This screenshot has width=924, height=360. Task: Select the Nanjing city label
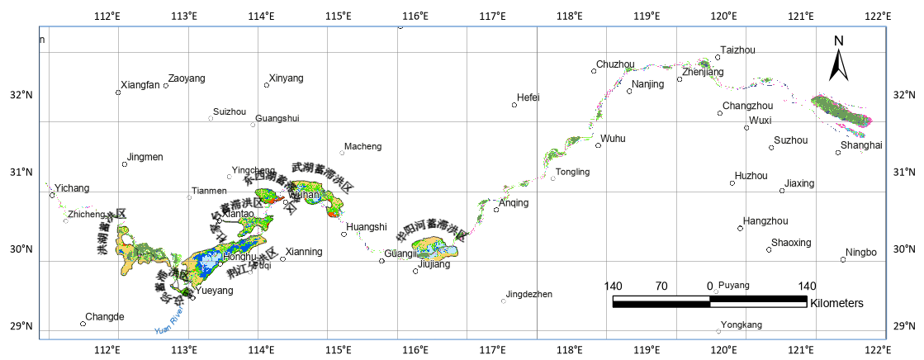tap(648, 85)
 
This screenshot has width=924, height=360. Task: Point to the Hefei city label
tap(528, 97)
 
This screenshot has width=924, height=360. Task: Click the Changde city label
tap(105, 317)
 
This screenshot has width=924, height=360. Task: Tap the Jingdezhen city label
tap(529, 294)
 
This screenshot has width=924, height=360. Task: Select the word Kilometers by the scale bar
tap(836, 303)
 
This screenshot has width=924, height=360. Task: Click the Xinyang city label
tap(286, 78)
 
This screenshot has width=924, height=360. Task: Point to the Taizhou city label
tap(737, 50)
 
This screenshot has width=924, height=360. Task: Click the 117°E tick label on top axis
tap(493, 16)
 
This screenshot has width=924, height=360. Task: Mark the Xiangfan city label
tap(140, 85)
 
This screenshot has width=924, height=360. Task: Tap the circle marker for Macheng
tap(342, 153)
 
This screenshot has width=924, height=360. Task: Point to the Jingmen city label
tap(145, 157)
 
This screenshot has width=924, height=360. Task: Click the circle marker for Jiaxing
tap(782, 191)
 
